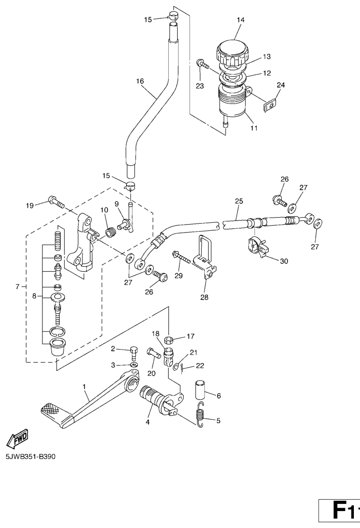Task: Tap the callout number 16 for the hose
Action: (x=139, y=81)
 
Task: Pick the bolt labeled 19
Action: (x=56, y=203)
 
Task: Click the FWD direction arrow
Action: (x=17, y=439)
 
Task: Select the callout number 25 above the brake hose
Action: (x=239, y=201)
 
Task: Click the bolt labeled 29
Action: (x=182, y=257)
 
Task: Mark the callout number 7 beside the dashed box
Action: (x=17, y=286)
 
